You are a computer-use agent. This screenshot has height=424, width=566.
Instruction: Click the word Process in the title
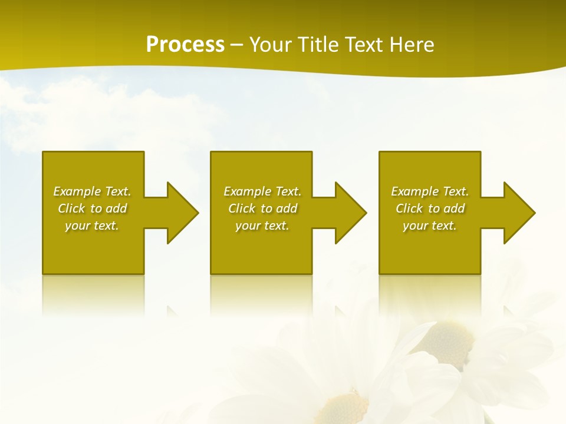pos(185,45)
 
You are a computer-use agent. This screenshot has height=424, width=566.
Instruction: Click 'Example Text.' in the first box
pos(92,191)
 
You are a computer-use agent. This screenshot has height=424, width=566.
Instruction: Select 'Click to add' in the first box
pos(92,208)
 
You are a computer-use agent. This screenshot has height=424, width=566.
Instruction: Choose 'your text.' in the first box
pos(92,226)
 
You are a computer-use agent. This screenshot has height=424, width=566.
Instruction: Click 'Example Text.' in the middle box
pos(262,191)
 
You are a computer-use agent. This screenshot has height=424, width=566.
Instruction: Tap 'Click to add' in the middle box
pos(262,208)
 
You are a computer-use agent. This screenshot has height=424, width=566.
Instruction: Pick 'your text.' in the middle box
pos(262,226)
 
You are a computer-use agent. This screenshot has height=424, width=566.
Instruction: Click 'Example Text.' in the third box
pos(430,191)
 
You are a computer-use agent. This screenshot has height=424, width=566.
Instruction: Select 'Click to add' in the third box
pos(430,208)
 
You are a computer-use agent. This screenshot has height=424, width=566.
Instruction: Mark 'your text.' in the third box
pos(430,226)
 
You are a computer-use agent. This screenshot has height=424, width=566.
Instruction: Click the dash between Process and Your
pos(236,45)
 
